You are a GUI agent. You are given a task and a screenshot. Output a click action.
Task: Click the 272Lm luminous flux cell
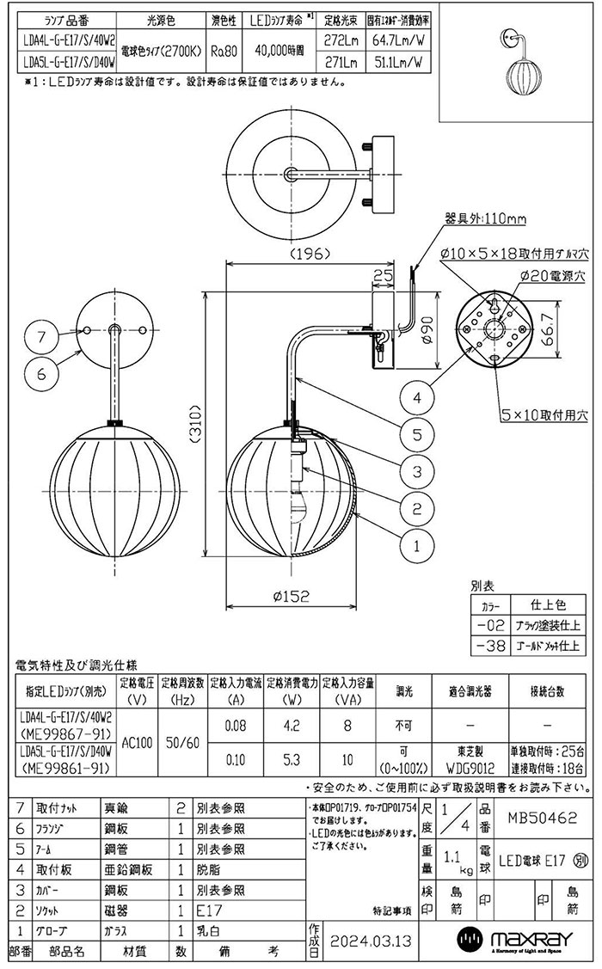click(x=341, y=40)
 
